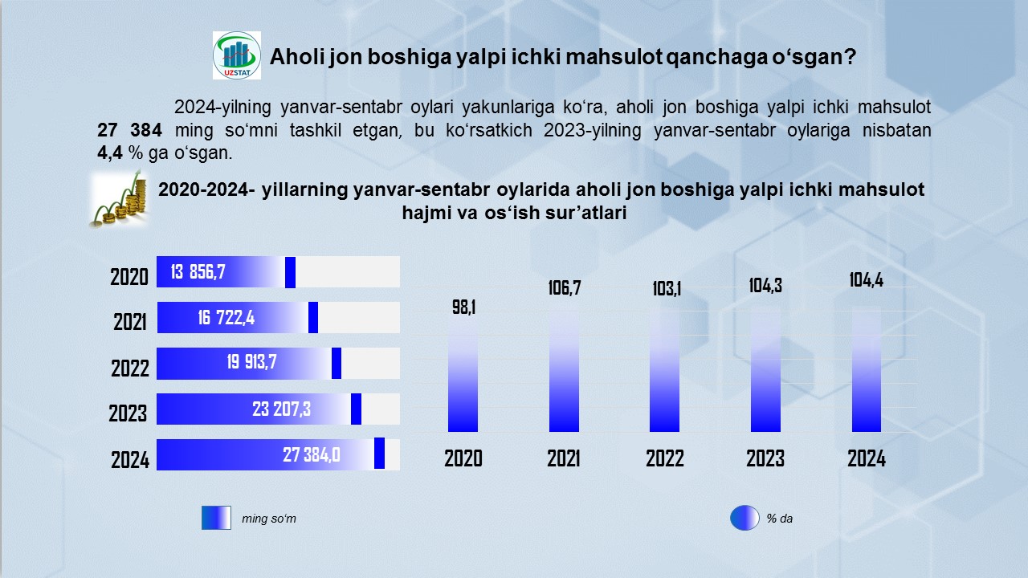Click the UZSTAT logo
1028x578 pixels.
tap(237, 55)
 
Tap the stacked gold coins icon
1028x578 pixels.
tap(120, 200)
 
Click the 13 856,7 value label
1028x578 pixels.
tap(198, 272)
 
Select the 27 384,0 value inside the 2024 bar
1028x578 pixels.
tap(312, 455)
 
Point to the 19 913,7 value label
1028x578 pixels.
tap(251, 362)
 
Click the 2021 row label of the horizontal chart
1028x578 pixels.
tap(130, 322)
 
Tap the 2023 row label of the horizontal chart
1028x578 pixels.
tap(128, 413)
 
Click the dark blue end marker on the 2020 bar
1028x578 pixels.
tap(290, 272)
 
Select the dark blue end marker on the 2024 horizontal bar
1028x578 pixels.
tap(380, 454)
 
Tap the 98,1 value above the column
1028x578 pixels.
tap(463, 307)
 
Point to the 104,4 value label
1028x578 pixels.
tap(866, 280)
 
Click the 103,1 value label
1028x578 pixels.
tap(667, 289)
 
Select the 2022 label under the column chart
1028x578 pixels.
tap(664, 458)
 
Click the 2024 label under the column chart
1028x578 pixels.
tap(867, 458)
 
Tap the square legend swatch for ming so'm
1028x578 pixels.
tap(216, 518)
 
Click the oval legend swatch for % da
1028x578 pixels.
tap(744, 518)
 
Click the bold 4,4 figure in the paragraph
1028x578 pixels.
tap(110, 153)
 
